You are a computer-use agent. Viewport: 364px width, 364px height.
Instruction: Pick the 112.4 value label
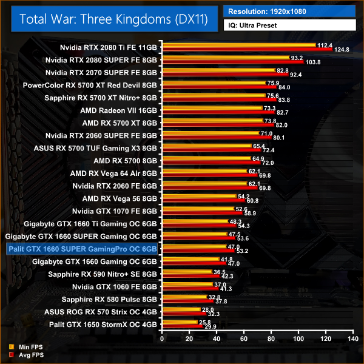[x=325, y=45]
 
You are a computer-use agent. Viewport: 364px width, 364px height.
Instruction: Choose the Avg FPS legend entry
[x=24, y=355]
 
